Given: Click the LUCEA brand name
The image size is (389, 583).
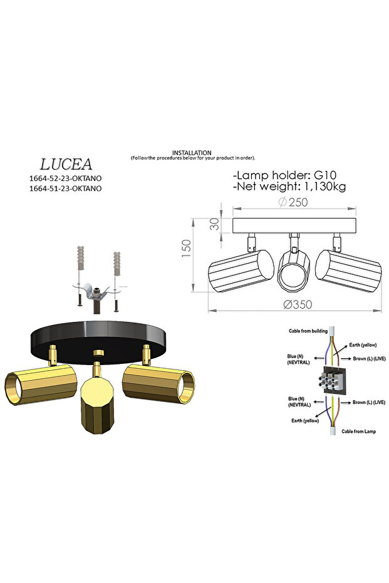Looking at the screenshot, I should [66, 164].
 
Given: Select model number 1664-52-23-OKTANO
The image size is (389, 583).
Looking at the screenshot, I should [66, 178].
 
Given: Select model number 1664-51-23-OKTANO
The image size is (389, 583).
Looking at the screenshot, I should [66, 188].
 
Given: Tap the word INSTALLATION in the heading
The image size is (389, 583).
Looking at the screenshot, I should [192, 153].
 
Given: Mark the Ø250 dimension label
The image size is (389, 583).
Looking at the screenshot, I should [291, 202].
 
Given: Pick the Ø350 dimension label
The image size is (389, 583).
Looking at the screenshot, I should [298, 304].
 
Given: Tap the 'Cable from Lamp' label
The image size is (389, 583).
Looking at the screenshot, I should [359, 431].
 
